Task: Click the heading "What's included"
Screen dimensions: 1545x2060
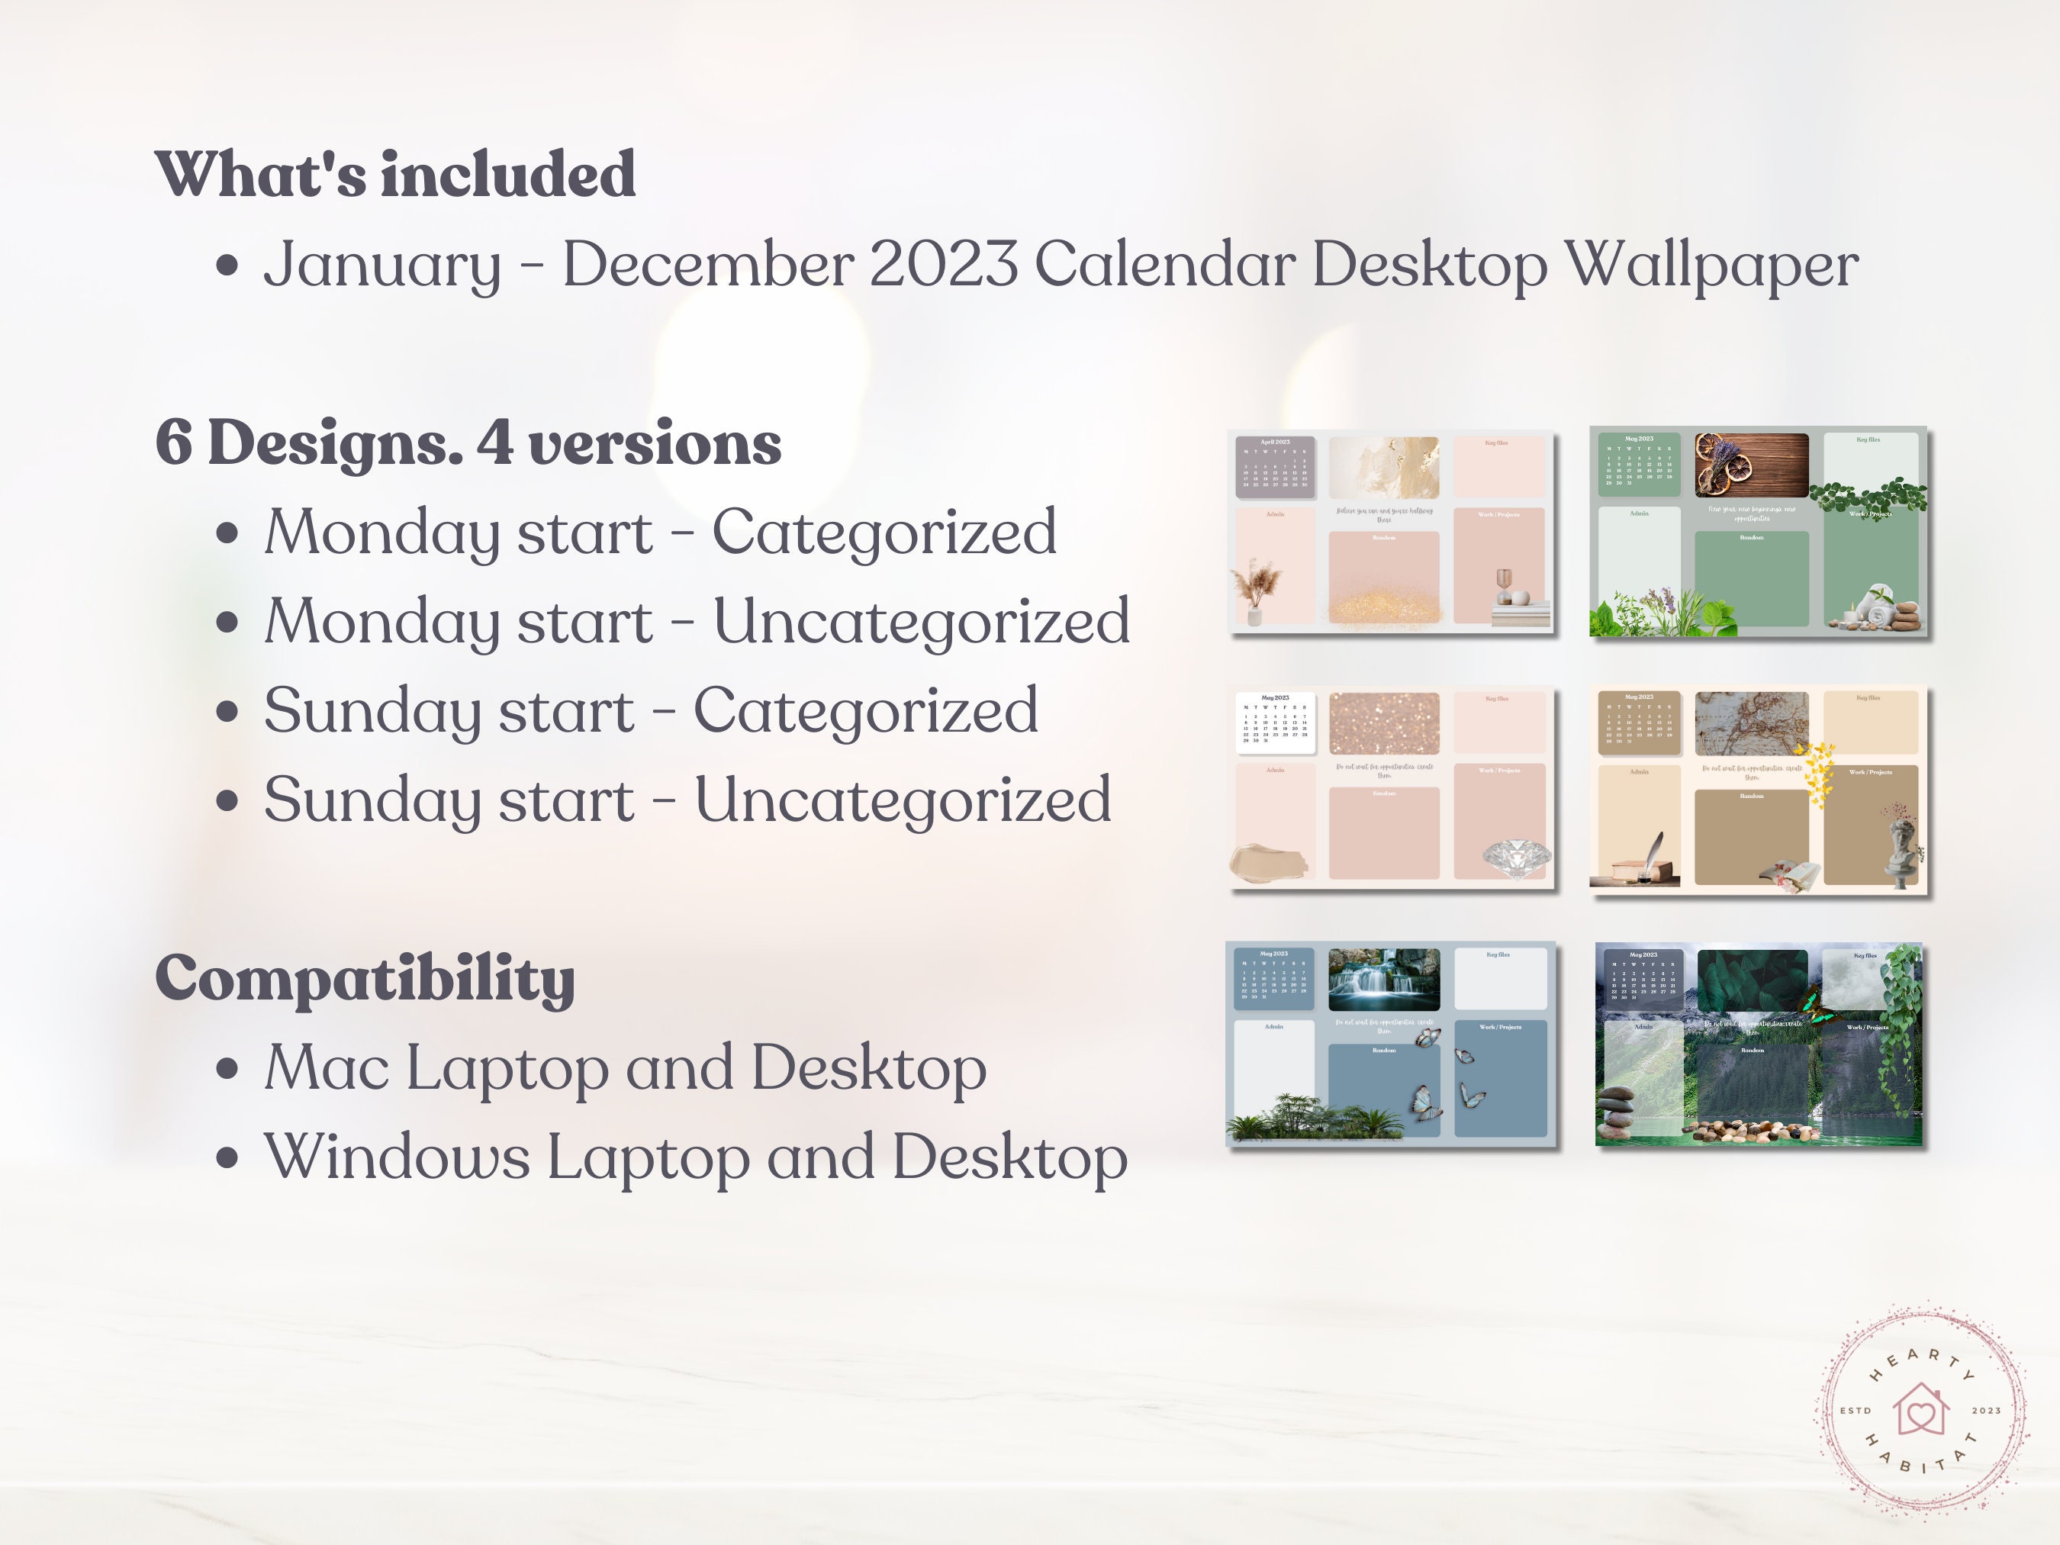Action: pyautogui.click(x=395, y=175)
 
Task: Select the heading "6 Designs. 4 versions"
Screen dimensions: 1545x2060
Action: pyautogui.click(x=468, y=443)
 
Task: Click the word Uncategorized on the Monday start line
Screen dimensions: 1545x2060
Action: pyautogui.click(x=921, y=621)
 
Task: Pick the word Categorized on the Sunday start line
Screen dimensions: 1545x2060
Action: pyautogui.click(x=865, y=710)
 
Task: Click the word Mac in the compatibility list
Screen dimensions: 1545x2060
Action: pyautogui.click(x=326, y=1067)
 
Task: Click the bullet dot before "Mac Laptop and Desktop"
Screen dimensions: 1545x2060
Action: pyautogui.click(x=227, y=1069)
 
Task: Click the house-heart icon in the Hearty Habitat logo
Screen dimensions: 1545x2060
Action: pyautogui.click(x=1921, y=1409)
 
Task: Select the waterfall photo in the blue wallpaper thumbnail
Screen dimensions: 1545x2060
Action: pyautogui.click(x=1383, y=979)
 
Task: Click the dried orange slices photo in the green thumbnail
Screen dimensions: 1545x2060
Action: pyautogui.click(x=1750, y=465)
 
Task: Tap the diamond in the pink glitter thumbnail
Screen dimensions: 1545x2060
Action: pyautogui.click(x=1516, y=857)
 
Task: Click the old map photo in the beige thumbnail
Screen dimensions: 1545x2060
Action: pyautogui.click(x=1751, y=723)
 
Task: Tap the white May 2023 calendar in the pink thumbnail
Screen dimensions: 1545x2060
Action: pyautogui.click(x=1274, y=722)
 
